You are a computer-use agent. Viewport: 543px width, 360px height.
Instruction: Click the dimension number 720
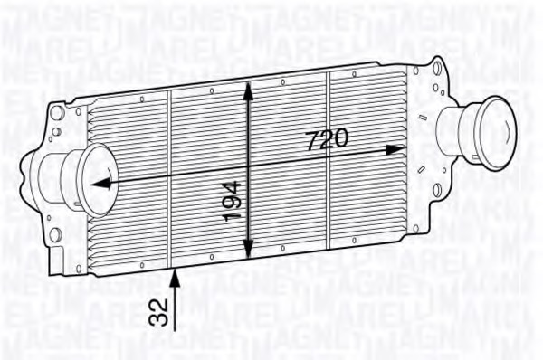pyautogui.click(x=326, y=139)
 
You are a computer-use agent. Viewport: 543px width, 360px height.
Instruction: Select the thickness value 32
pyautogui.click(x=160, y=311)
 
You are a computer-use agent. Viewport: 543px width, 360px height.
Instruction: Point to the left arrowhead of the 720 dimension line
pyautogui.click(x=97, y=183)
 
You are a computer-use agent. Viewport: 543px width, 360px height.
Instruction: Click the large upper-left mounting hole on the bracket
pyautogui.click(x=56, y=115)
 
